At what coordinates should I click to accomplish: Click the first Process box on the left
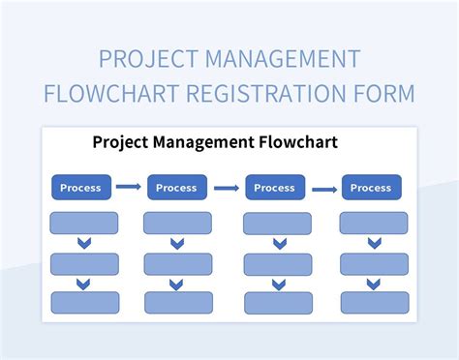[80, 187]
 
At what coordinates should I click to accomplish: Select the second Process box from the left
[176, 187]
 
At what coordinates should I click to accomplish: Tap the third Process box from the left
[274, 187]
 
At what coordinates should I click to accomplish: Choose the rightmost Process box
[371, 187]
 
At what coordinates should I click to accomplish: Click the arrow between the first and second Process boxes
[128, 187]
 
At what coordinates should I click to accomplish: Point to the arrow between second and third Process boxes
[226, 188]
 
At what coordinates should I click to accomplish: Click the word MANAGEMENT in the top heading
[285, 60]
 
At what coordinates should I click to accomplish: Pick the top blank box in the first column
[83, 224]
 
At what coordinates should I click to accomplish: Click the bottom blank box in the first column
[83, 302]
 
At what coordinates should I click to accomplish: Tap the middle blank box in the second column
[177, 263]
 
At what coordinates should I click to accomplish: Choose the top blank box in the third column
[278, 225]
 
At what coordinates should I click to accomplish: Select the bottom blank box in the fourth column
[374, 302]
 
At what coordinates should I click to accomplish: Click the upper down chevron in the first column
[83, 244]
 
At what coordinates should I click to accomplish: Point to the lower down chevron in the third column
[278, 284]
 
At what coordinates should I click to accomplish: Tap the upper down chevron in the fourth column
[374, 244]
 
